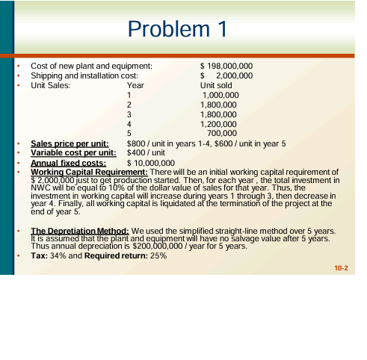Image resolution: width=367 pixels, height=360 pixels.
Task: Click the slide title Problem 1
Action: click(177, 29)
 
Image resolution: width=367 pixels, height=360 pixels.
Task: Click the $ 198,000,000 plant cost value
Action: click(226, 66)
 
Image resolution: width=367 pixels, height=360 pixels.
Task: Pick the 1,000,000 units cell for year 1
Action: click(220, 96)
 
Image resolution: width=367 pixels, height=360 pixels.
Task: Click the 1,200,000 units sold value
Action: click(219, 124)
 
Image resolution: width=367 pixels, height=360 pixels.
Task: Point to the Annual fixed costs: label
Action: click(69, 162)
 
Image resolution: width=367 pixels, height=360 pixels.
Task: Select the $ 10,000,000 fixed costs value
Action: click(151, 162)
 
